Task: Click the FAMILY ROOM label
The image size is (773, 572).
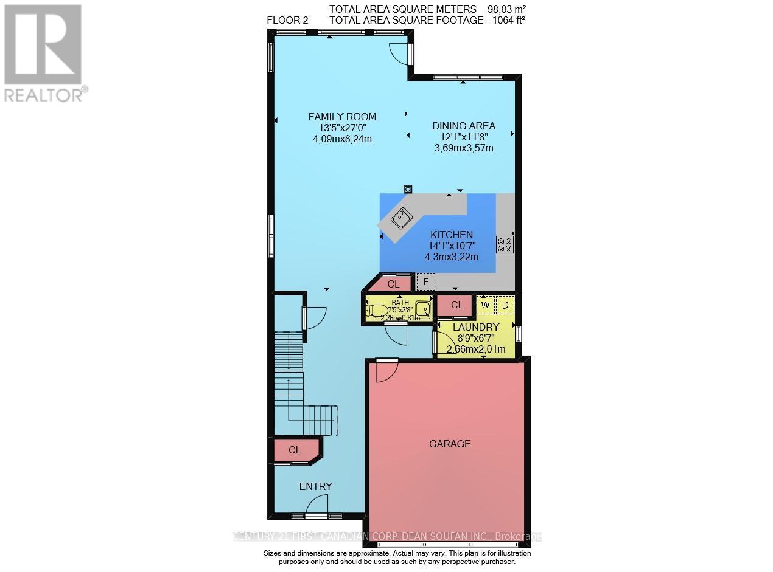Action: click(342, 117)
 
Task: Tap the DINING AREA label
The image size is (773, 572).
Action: click(464, 126)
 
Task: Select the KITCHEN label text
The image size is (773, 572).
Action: click(451, 235)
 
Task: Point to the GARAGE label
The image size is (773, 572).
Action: click(450, 444)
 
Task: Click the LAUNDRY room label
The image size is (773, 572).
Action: click(475, 327)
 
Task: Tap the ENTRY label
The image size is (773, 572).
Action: click(315, 486)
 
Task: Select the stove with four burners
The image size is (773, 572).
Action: click(505, 244)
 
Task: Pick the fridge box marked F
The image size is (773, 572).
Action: click(426, 282)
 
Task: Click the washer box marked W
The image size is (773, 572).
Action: click(486, 304)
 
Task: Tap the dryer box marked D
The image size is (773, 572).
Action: click(505, 304)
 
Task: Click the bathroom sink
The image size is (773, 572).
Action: click(422, 309)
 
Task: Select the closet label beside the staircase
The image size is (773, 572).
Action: click(295, 450)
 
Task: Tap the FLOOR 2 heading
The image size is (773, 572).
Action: click(287, 20)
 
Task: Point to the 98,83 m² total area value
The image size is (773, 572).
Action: click(505, 9)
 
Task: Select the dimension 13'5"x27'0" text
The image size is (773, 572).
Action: click(342, 128)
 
